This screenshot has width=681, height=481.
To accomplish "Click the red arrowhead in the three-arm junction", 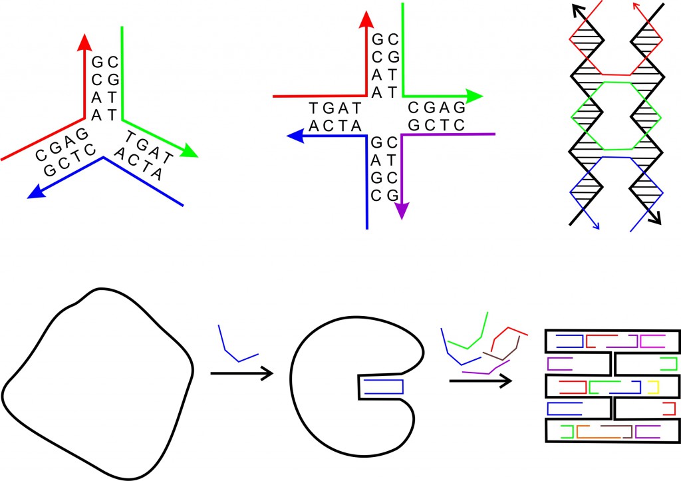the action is tap(84, 42).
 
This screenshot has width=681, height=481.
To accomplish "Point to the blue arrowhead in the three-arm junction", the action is tap(37, 192).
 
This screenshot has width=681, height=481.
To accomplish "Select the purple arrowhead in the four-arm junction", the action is tap(402, 211).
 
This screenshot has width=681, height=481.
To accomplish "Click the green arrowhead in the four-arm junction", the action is tap(475, 96).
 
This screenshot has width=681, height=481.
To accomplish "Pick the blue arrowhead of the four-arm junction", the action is tap(295, 136).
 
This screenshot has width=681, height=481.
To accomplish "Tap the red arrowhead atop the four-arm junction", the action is tap(366, 19).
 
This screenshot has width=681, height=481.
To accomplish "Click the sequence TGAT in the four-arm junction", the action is tap(335, 108).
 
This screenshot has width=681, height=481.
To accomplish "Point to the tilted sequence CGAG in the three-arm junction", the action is tap(63, 144).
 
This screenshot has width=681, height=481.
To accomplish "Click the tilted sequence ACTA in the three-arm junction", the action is tap(139, 164).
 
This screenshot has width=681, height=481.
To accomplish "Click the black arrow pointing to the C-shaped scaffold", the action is tap(242, 373).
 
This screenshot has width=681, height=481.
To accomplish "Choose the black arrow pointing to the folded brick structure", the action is tap(481, 381).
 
